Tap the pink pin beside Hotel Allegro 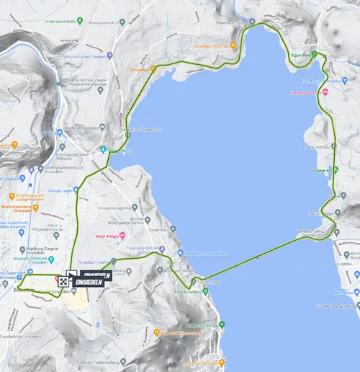[x=123, y=236]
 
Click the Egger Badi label [x=301, y=54]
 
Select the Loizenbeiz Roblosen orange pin [x=235, y=45]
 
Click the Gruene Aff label [x=320, y=171]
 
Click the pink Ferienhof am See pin [x=326, y=92]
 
